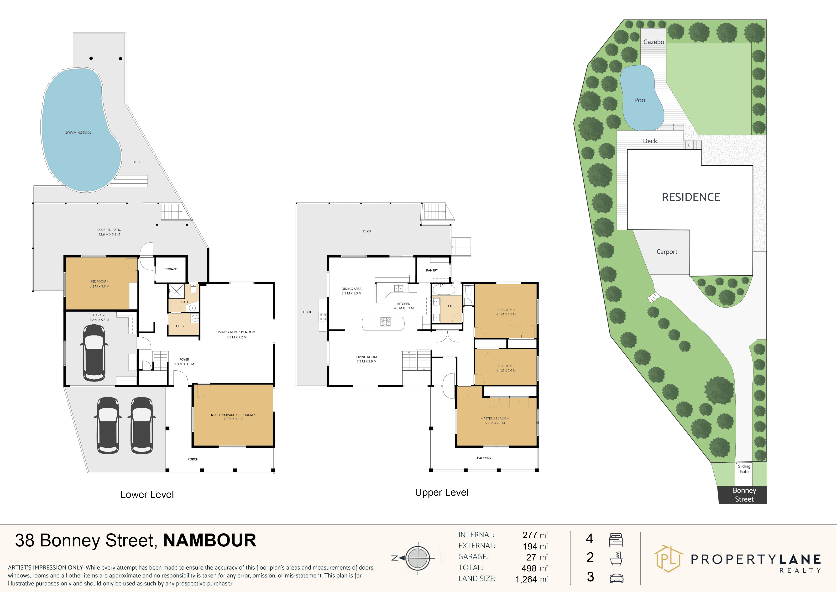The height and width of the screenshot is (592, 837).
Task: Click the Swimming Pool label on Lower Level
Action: click(78, 133)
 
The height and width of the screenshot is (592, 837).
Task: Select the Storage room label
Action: click(171, 269)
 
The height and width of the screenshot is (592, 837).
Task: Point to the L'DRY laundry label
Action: click(180, 326)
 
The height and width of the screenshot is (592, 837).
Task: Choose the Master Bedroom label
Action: click(495, 419)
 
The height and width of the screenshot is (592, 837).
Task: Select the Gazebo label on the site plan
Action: click(654, 42)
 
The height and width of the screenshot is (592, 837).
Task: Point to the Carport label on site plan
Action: click(667, 252)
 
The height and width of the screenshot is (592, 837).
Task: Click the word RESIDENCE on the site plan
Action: click(691, 197)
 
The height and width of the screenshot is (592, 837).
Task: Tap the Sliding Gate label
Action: click(744, 469)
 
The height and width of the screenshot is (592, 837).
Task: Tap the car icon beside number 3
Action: click(616, 578)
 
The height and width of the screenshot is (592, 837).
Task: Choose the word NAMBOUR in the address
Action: click(210, 540)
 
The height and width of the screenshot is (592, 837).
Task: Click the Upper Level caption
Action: click(441, 492)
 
